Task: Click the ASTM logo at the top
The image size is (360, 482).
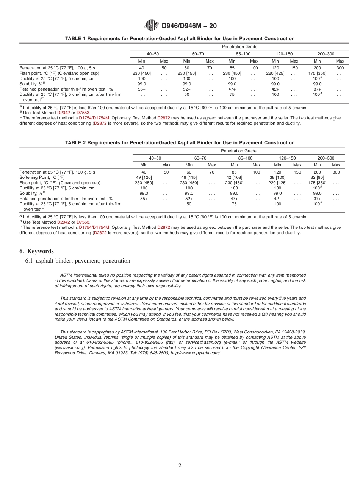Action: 151,25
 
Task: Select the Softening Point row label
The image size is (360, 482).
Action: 42,177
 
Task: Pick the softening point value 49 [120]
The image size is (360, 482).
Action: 144,177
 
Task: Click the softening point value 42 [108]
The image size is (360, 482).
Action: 234,177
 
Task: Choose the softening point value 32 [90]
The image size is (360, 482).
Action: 317,177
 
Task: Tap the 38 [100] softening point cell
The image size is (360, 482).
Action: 277,177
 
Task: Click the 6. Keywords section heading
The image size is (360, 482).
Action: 36,251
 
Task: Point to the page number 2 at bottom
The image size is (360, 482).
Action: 180,466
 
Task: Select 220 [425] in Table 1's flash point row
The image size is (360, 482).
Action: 275,73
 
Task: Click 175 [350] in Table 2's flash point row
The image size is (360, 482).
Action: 317,183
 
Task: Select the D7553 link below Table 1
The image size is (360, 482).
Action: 83,113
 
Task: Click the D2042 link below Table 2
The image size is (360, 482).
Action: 63,222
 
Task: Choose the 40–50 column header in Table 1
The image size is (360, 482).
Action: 153,54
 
